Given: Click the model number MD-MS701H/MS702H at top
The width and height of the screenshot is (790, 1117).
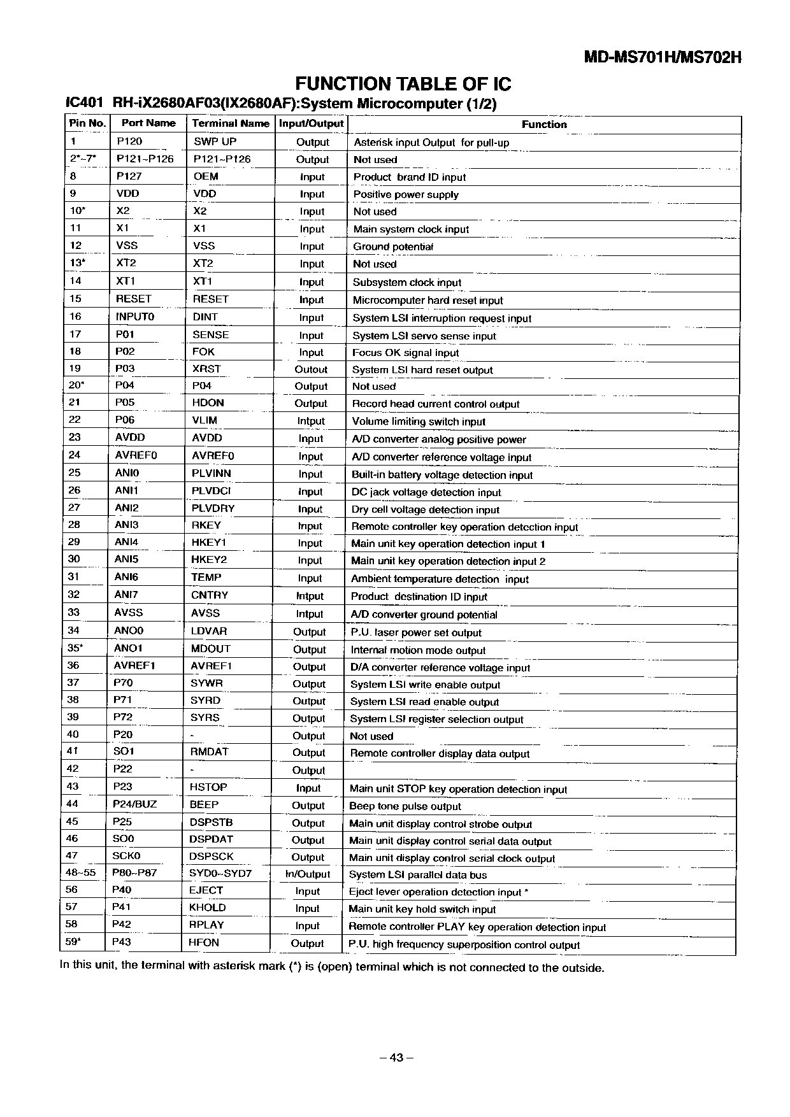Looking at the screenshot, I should (663, 57).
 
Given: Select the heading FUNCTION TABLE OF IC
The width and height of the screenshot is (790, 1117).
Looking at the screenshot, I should (403, 84).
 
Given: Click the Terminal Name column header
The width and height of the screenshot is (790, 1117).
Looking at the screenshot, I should (231, 124).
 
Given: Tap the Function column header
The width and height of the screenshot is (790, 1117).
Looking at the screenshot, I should (544, 125).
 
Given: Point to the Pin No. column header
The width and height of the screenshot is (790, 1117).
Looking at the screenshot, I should (87, 123).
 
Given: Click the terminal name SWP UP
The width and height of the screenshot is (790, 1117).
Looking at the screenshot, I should (215, 142).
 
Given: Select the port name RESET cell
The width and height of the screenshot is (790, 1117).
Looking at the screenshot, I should (134, 299).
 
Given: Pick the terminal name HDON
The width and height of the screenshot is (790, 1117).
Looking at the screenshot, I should (208, 403).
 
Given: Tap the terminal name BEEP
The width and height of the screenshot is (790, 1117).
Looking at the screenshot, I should (204, 805).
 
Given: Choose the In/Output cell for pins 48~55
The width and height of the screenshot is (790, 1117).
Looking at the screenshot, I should (308, 874).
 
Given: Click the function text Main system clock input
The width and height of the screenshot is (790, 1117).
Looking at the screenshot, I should (411, 229).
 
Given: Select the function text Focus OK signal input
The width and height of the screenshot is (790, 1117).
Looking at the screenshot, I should (405, 353).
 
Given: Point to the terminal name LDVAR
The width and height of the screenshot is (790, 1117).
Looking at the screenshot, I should (209, 631).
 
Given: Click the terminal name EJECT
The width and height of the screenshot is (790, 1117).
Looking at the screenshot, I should (206, 891).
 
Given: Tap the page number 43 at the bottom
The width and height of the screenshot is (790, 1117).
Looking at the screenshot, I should (396, 1058).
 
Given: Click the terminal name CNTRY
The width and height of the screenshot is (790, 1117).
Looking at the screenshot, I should (210, 595).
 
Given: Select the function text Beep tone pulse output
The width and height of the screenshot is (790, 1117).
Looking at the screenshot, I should (405, 806).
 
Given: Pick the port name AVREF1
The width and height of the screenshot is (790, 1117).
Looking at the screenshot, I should (134, 665).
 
